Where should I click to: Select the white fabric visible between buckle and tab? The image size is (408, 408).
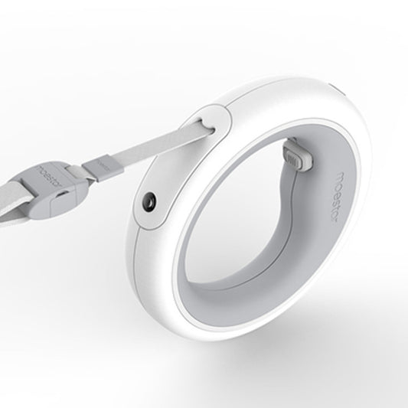click(x=80, y=175)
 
